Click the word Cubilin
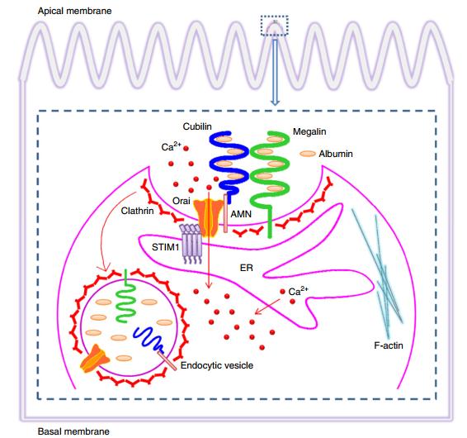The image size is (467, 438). [x=197, y=126]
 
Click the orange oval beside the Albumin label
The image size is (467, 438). [x=308, y=154]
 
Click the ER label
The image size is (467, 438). [x=245, y=268]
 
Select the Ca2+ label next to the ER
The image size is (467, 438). [x=300, y=291]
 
